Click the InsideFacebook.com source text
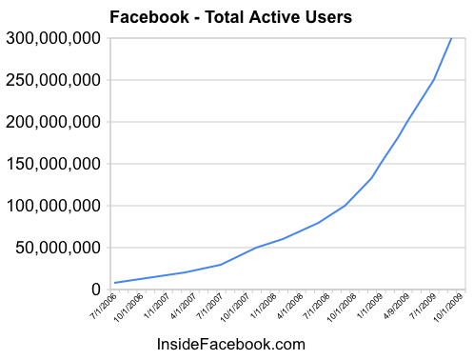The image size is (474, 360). (x=230, y=344)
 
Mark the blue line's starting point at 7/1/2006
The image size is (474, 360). (x=115, y=283)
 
